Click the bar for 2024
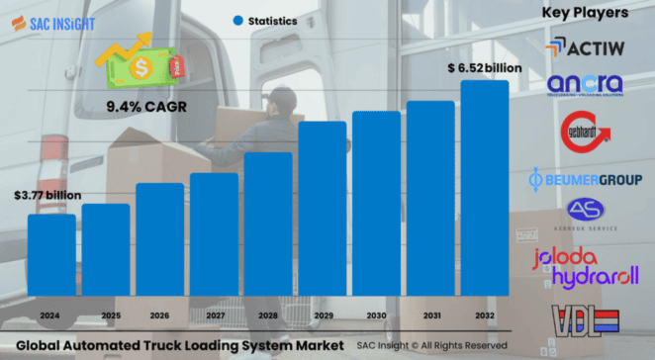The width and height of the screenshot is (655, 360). click(x=51, y=255)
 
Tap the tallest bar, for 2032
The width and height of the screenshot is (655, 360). click(x=485, y=188)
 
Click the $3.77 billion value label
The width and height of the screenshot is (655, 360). click(x=47, y=196)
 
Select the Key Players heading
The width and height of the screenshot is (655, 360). click(x=585, y=13)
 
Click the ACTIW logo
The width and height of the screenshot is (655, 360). click(x=583, y=46)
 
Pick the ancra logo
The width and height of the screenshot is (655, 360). click(x=584, y=84)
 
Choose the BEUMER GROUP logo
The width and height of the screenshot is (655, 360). click(x=585, y=179)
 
